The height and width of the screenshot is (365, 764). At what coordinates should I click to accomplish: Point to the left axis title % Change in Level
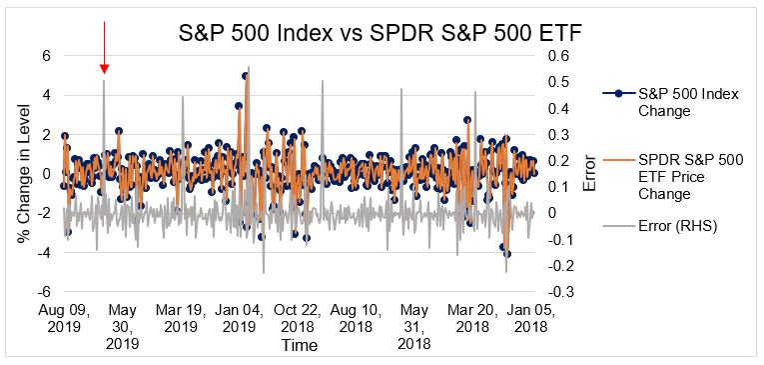(x=22, y=174)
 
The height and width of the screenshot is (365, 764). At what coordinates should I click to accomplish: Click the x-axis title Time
(x=299, y=345)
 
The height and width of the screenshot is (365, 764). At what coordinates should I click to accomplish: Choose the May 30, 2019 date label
(x=122, y=326)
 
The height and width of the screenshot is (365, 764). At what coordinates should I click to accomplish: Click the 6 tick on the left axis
(x=45, y=56)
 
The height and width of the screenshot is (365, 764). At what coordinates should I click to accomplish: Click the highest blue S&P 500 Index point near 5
(x=246, y=76)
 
